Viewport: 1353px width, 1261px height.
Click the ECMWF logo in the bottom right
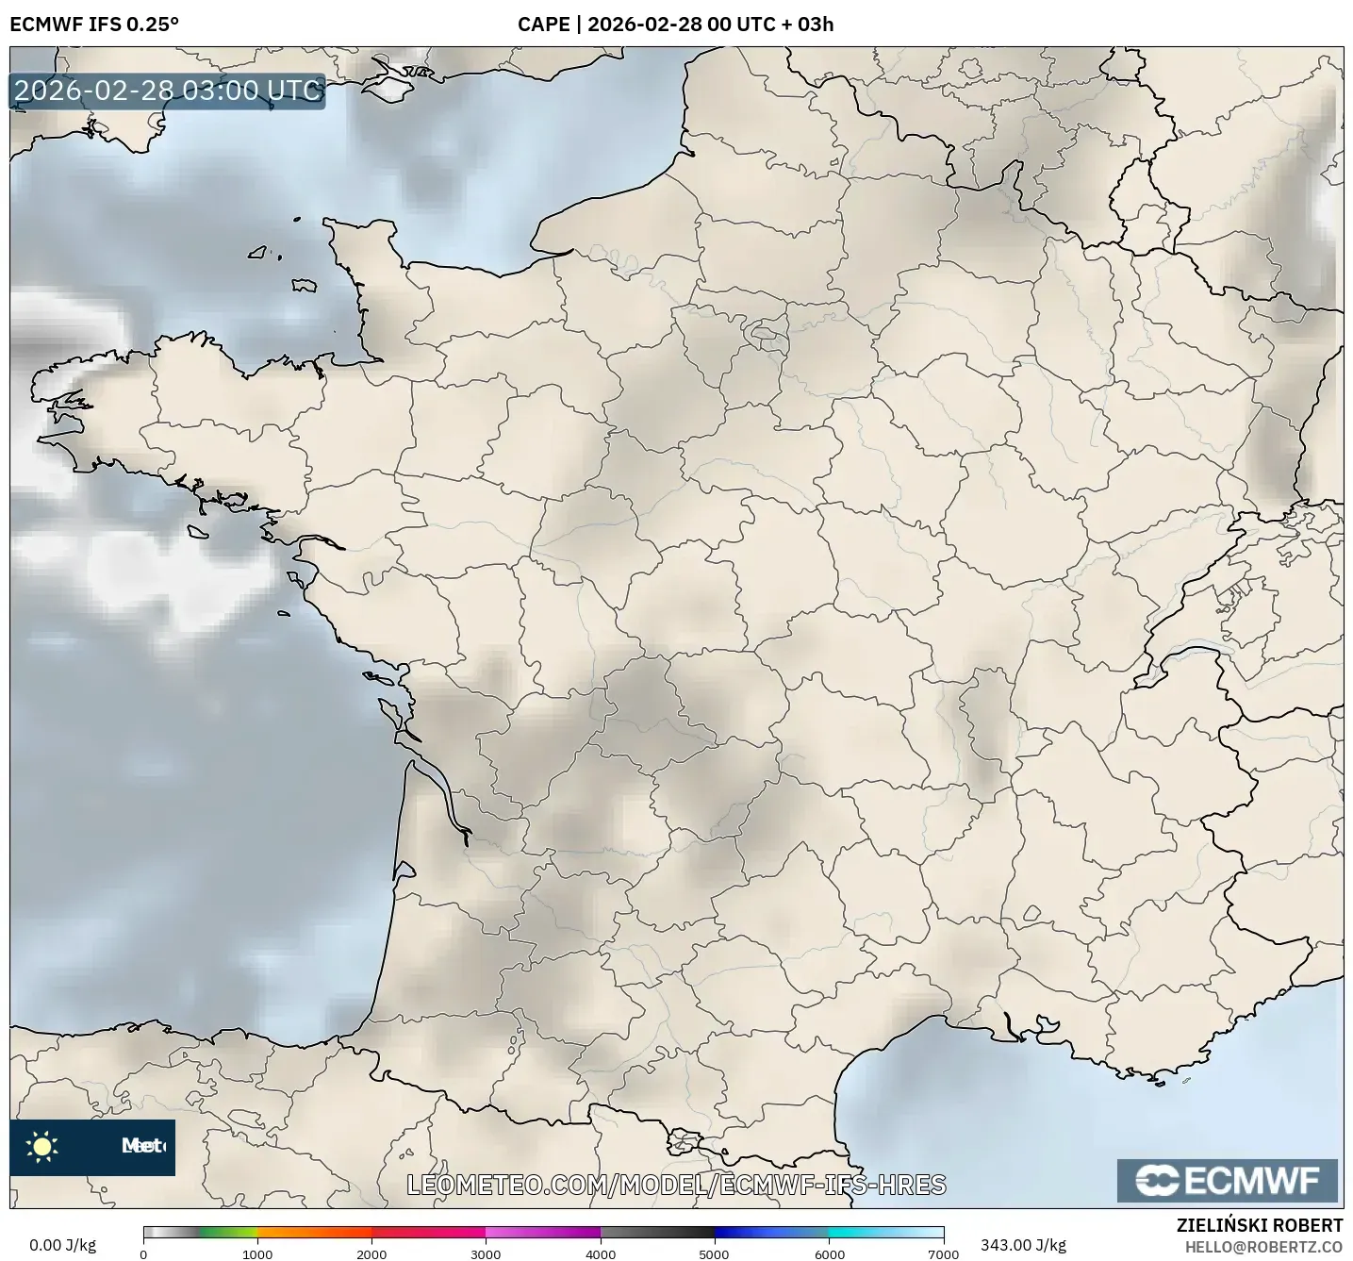[x=1227, y=1181]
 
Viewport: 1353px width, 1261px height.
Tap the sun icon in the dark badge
[x=42, y=1146]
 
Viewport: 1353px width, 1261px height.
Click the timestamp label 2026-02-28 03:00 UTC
[x=167, y=91]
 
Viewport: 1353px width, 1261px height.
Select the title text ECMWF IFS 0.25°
[x=94, y=24]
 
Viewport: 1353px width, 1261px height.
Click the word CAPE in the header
[x=543, y=24]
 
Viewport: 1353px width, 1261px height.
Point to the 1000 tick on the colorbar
[x=257, y=1253]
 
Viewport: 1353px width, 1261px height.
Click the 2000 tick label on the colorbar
[x=371, y=1253]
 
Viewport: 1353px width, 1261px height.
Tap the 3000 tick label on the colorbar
[x=486, y=1253]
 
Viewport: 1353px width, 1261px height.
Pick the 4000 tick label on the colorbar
[x=601, y=1253]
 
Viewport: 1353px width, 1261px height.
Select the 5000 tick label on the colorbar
[x=715, y=1253]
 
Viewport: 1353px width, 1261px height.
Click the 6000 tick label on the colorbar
[x=829, y=1253]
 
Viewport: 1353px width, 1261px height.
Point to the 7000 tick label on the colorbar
[x=943, y=1253]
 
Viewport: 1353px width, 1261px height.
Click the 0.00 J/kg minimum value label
[x=62, y=1245]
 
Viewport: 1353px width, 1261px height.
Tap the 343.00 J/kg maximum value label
[x=1023, y=1245]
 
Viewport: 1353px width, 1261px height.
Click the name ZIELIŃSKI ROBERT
[x=1260, y=1225]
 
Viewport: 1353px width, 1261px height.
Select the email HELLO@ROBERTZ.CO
[x=1263, y=1247]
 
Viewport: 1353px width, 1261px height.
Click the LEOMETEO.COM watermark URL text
[x=676, y=1185]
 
